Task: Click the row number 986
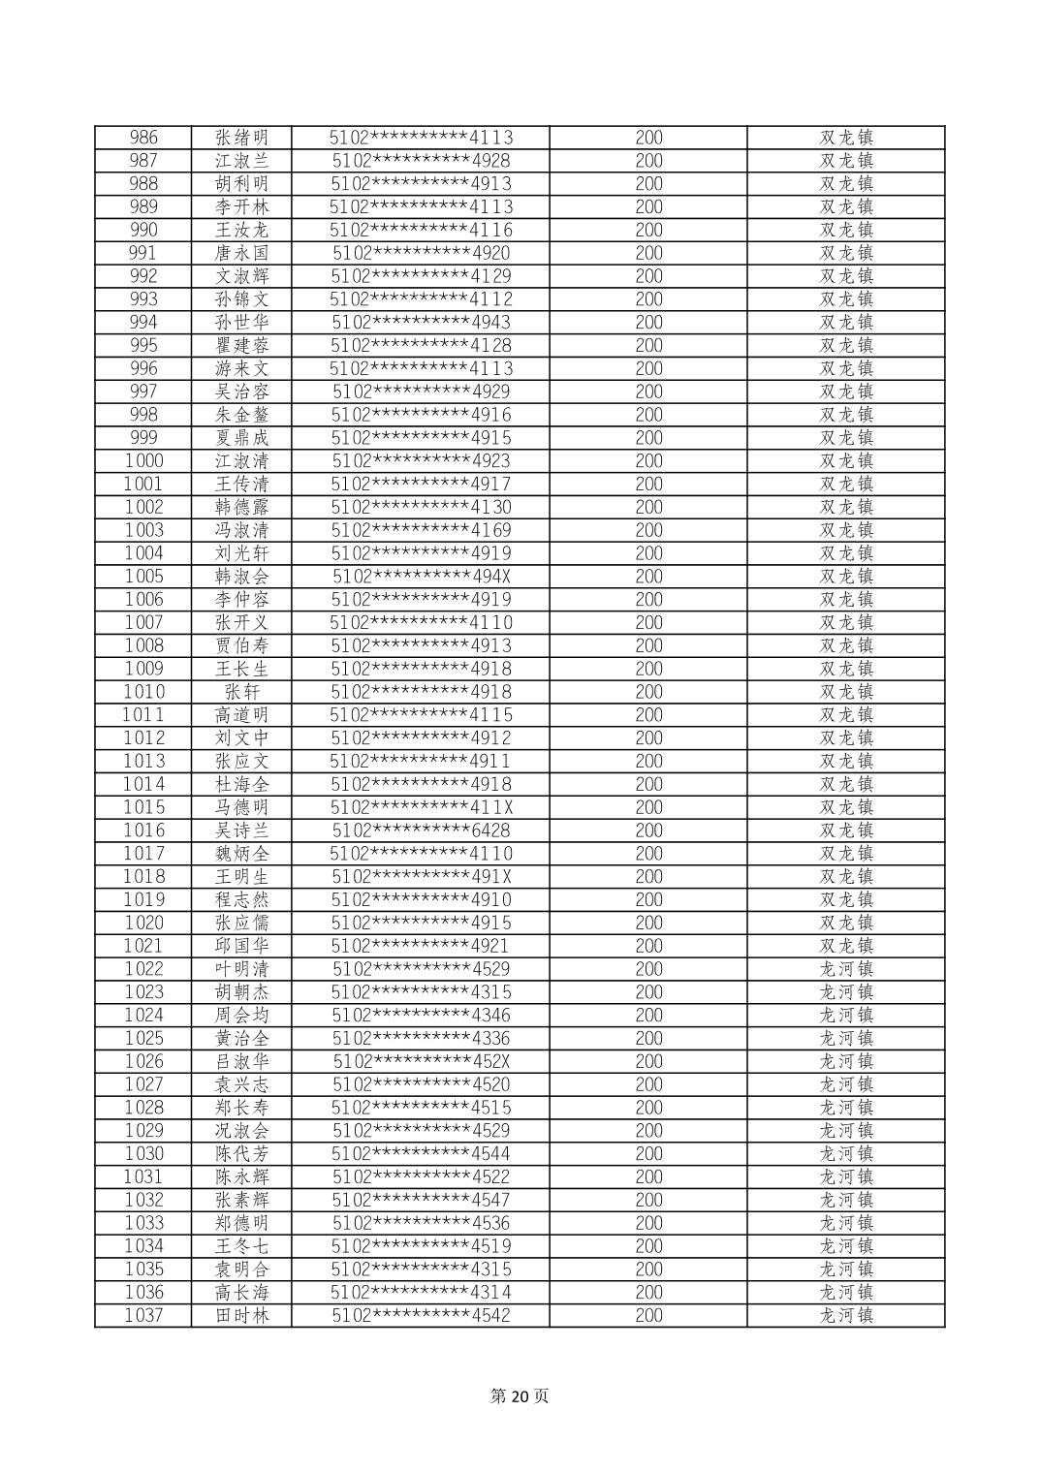coord(143,138)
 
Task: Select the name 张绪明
coord(241,138)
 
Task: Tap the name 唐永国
coord(241,253)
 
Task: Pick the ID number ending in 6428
coord(421,831)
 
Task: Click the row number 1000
coord(143,461)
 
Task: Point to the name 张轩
coord(241,692)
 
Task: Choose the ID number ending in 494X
coord(421,577)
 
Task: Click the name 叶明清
coord(241,969)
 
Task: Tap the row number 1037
coord(143,1315)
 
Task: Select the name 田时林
coord(241,1315)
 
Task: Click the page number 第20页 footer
coord(520,1396)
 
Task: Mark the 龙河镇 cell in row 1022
coord(846,969)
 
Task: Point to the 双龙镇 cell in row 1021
coord(846,946)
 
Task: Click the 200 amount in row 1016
coord(648,831)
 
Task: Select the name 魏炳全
coord(241,854)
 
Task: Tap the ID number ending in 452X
coord(421,1061)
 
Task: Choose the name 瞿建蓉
coord(241,346)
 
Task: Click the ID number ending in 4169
coord(421,530)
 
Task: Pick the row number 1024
coord(143,1015)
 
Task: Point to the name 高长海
coord(241,1292)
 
